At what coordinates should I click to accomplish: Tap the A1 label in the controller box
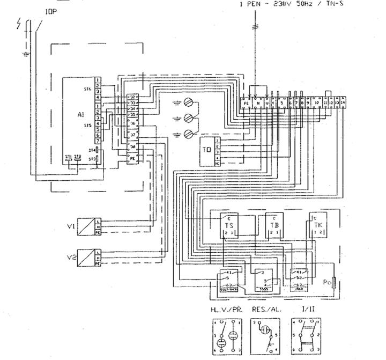(x=80, y=114)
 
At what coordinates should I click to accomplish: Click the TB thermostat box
(x=275, y=226)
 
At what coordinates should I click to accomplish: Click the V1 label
(x=70, y=226)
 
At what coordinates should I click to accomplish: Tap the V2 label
(x=70, y=257)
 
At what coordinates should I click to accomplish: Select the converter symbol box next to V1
(x=89, y=225)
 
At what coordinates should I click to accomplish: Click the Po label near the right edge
(x=326, y=281)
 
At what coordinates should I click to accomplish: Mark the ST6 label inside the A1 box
(x=88, y=90)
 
